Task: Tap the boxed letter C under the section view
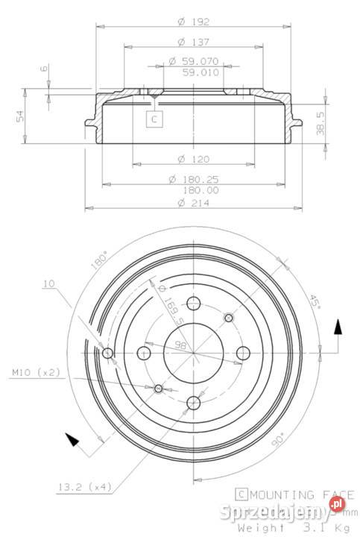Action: click(154, 119)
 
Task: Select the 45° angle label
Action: click(315, 301)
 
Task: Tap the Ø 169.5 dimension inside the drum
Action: click(167, 299)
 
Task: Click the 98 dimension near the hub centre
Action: click(180, 345)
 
